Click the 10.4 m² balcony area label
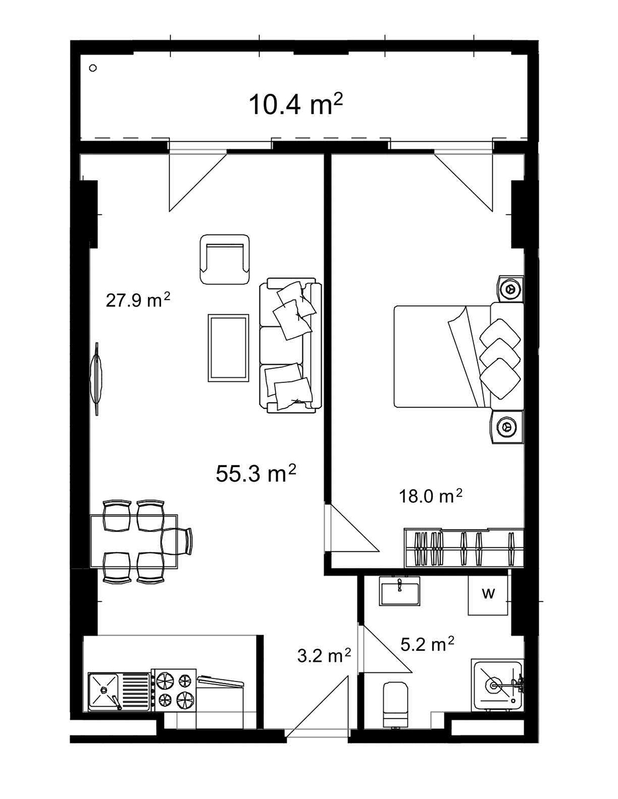click(x=296, y=105)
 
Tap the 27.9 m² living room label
click(x=138, y=300)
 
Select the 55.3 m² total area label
click(x=256, y=473)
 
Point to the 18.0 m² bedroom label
click(x=431, y=497)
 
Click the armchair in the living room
click(x=225, y=260)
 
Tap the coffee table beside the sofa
click(x=228, y=348)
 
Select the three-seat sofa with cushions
click(x=290, y=346)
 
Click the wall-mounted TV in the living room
click(x=97, y=379)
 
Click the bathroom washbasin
click(x=400, y=591)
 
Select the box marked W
click(x=488, y=594)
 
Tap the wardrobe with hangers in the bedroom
click(x=464, y=547)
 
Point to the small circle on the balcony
click(x=93, y=68)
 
